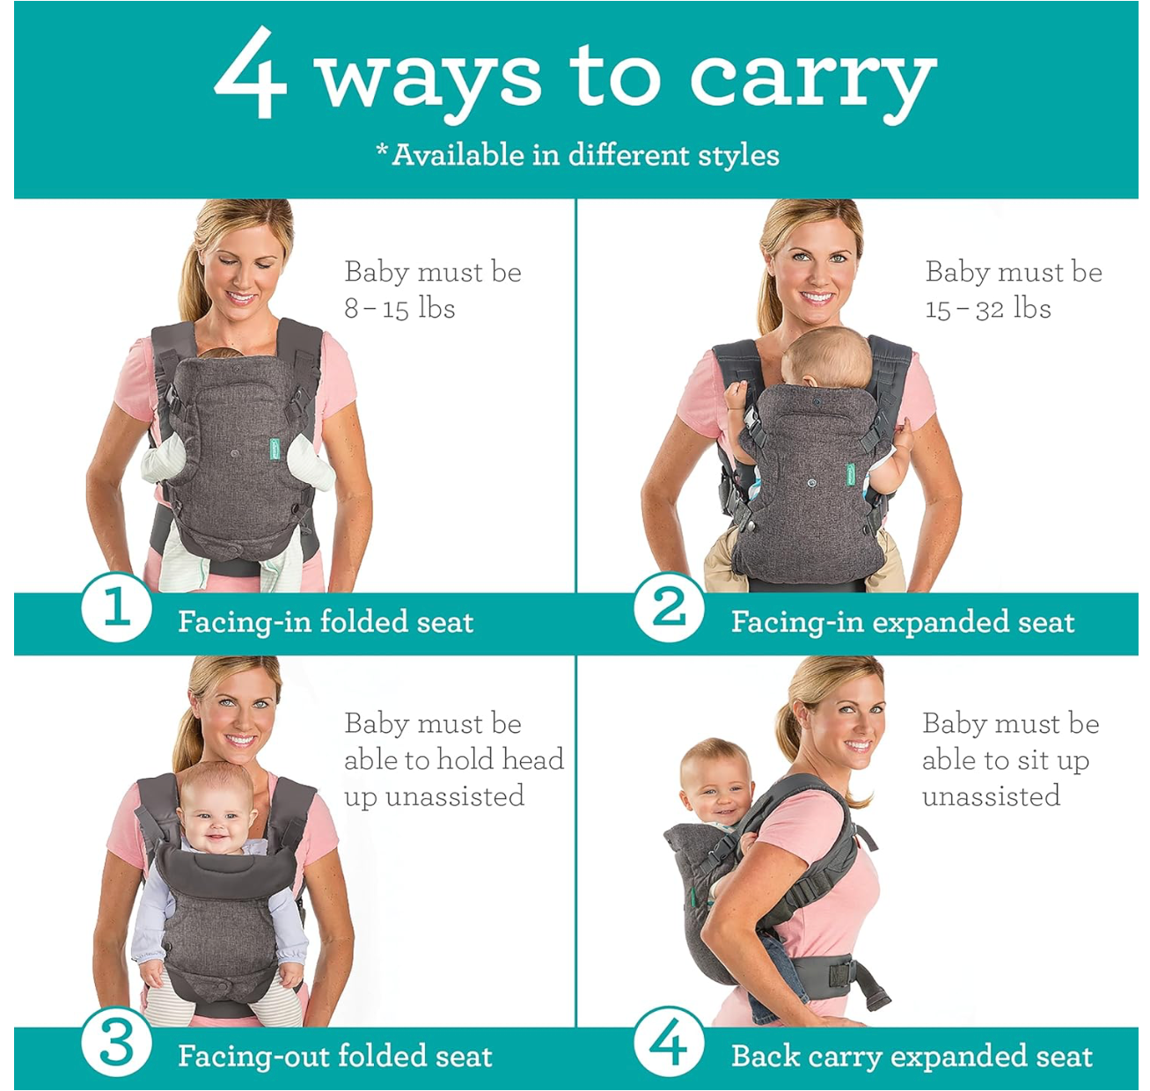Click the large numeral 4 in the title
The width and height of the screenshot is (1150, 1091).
251,72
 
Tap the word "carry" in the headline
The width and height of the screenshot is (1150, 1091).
812,82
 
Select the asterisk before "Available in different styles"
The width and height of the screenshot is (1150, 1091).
382,150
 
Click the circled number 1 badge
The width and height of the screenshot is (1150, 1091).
116,607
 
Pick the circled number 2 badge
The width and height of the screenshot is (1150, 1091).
669,607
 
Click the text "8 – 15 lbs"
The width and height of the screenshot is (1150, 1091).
399,308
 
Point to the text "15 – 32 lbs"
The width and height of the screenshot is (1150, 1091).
987,308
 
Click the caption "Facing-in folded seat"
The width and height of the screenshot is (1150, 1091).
326,621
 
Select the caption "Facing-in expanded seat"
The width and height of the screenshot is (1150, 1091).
903,621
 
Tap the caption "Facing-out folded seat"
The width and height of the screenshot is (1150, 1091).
334,1056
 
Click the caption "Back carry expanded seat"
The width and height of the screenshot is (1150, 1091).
912,1056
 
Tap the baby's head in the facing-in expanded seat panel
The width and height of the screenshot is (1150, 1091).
826,358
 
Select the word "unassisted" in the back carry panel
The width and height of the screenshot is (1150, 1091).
991,796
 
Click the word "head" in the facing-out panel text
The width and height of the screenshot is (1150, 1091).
533,759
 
